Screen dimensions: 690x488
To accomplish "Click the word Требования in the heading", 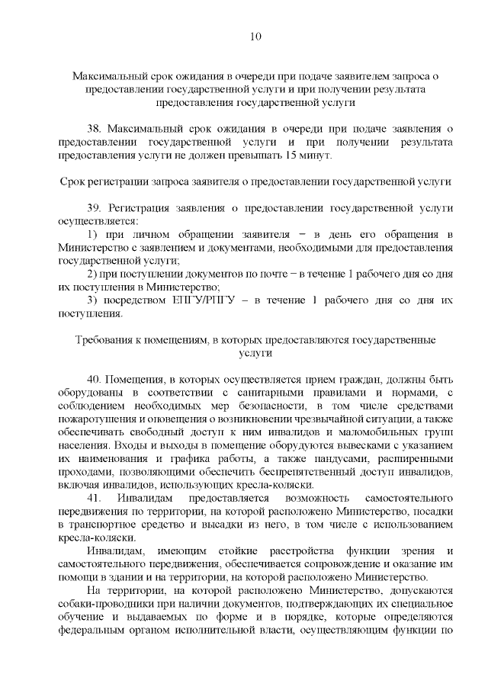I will point(105,340).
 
